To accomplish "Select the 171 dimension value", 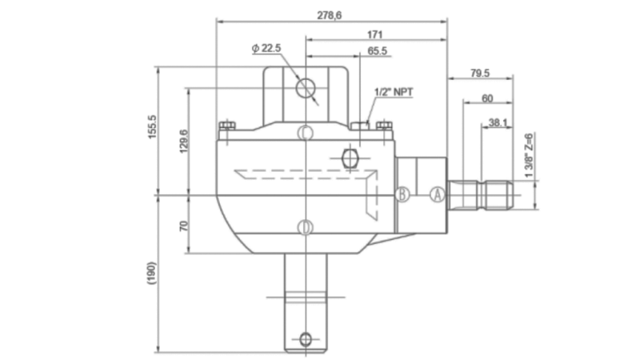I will pyautogui.click(x=374, y=34).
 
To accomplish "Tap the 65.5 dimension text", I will pyautogui.click(x=378, y=51).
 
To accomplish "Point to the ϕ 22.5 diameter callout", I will pyautogui.click(x=266, y=49).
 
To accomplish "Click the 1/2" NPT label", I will pyautogui.click(x=394, y=93).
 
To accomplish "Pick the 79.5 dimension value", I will pyautogui.click(x=480, y=73).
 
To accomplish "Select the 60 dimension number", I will pyautogui.click(x=486, y=98).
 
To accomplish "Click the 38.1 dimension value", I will pyautogui.click(x=498, y=123).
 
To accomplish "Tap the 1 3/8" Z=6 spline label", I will pyautogui.click(x=529, y=154).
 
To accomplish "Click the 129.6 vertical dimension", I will pyautogui.click(x=183, y=141).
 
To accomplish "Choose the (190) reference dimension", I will pyautogui.click(x=152, y=274).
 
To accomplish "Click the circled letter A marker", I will pyautogui.click(x=438, y=194).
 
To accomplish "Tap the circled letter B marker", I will pyautogui.click(x=404, y=194).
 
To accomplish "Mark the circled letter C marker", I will pyautogui.click(x=305, y=132).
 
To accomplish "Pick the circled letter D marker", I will pyautogui.click(x=305, y=228).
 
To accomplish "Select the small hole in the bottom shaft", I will pyautogui.click(x=305, y=337).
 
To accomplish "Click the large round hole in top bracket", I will pyautogui.click(x=305, y=86).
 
